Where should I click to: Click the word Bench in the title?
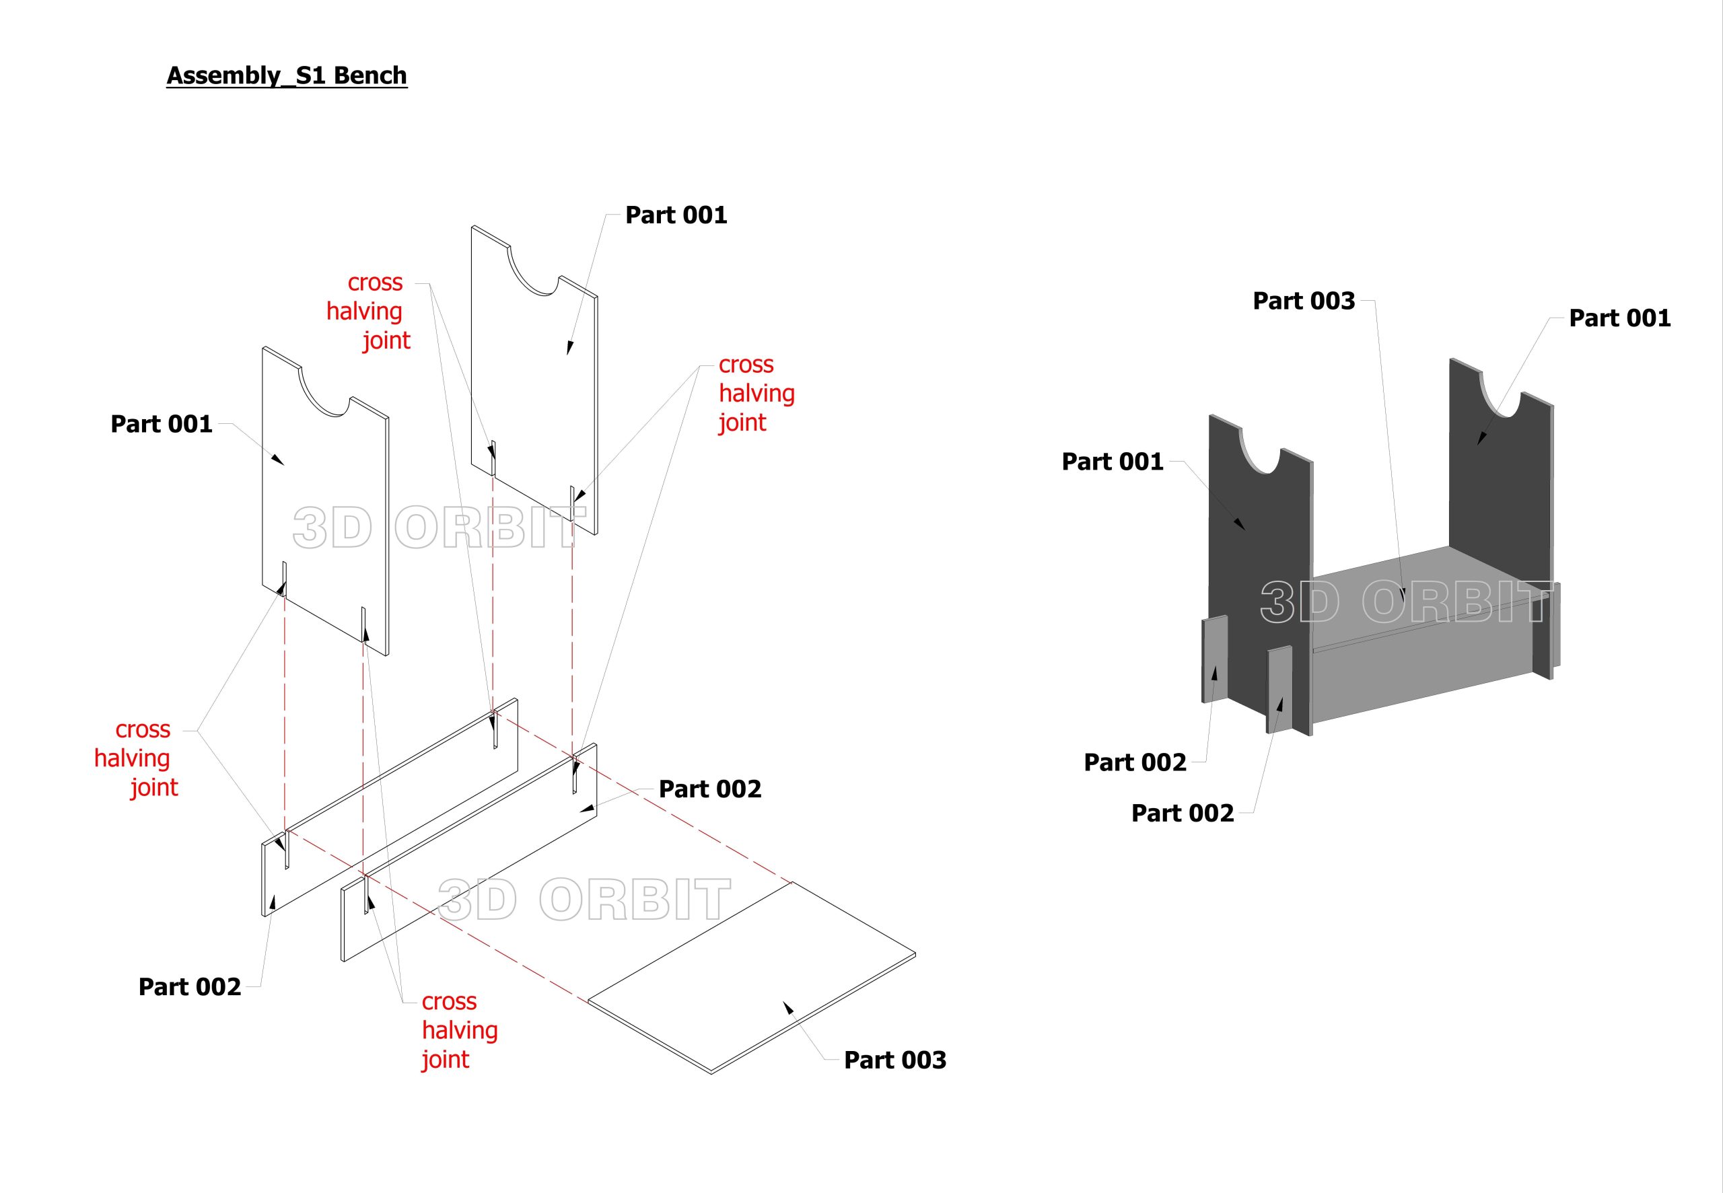[370, 75]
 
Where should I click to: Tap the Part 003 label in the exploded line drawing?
[894, 1059]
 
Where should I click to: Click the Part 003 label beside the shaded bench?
[1304, 301]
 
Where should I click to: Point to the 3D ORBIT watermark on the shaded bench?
[1405, 602]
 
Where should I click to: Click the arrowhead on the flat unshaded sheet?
[788, 1009]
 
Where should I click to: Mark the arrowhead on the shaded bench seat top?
[1403, 594]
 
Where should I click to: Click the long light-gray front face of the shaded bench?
[1420, 673]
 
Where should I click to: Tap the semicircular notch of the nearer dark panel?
[1261, 452]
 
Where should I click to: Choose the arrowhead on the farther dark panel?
[1481, 439]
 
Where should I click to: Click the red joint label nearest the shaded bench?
[757, 393]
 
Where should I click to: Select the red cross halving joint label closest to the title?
[369, 311]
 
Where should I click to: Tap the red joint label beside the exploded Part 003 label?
[459, 1029]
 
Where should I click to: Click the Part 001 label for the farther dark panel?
[1619, 318]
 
